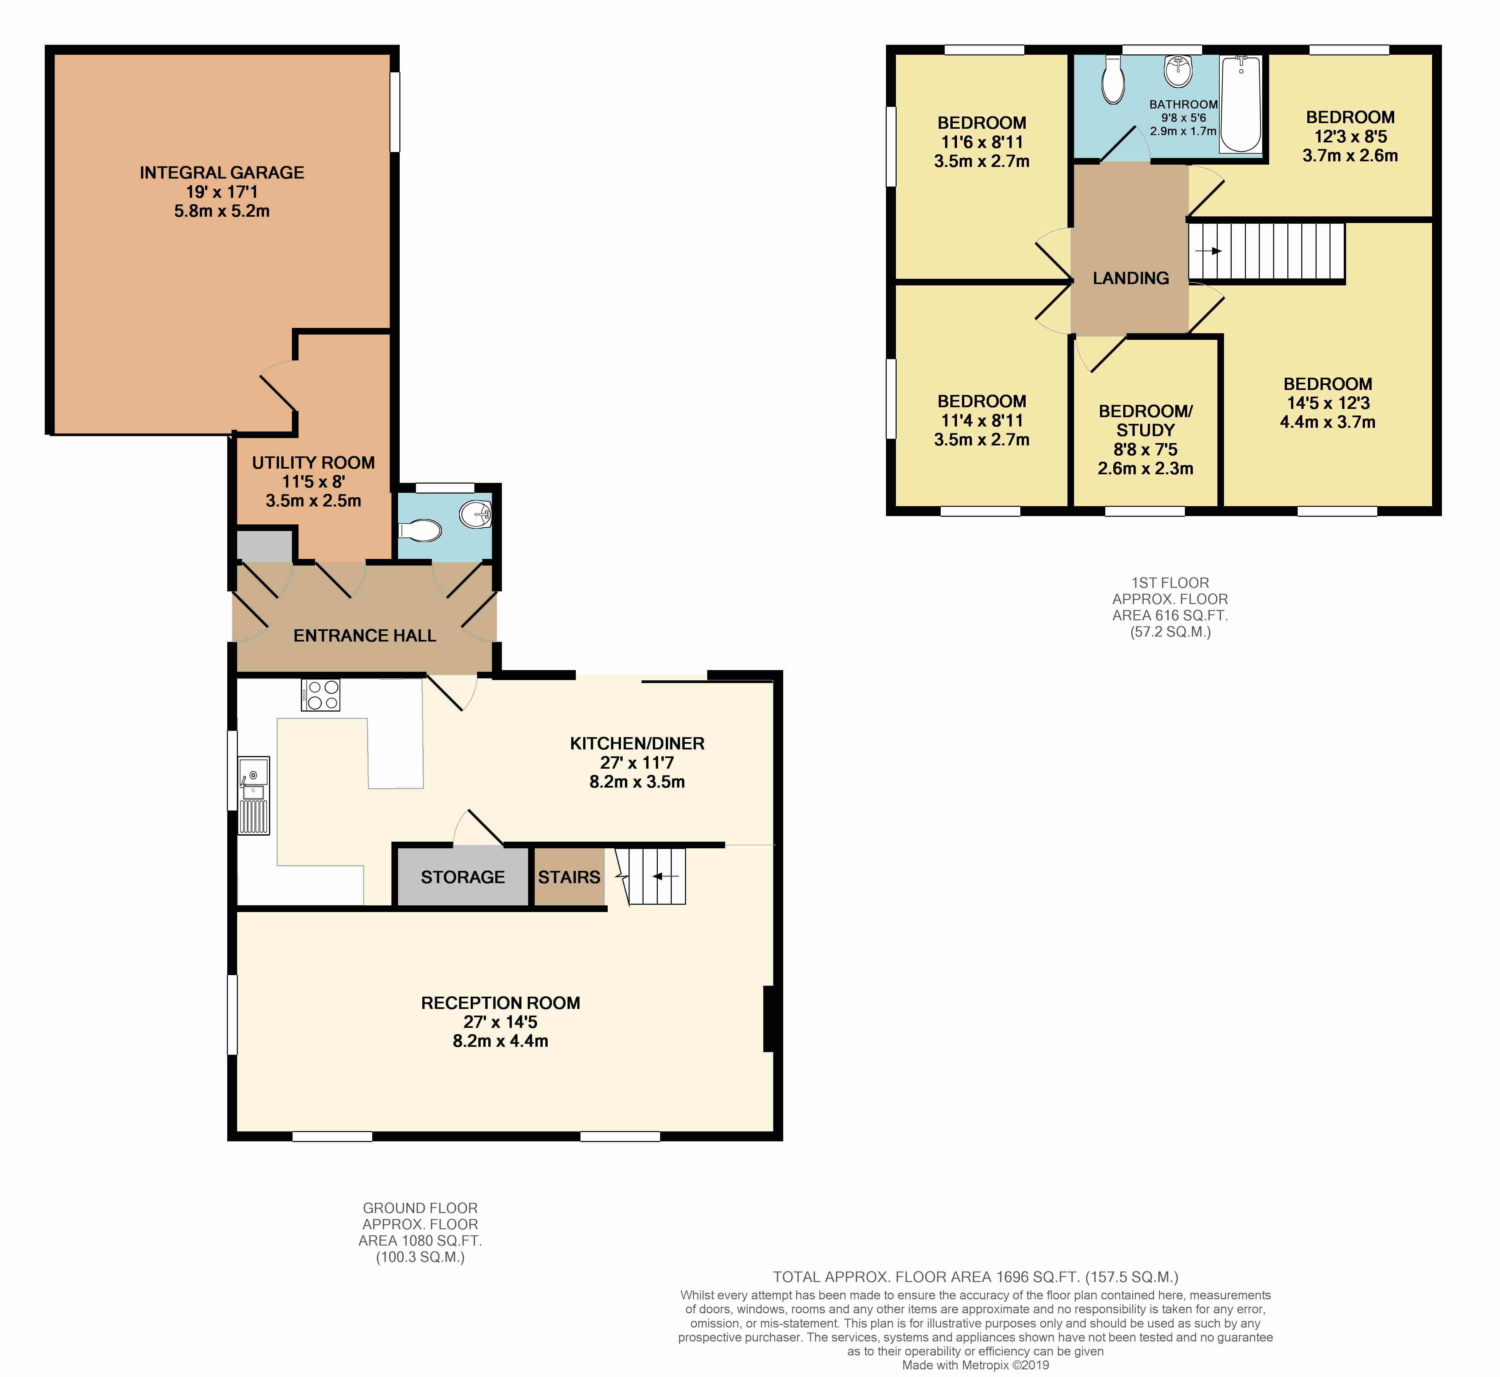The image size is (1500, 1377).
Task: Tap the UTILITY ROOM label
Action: point(313,463)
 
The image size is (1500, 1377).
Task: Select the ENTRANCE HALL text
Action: point(365,636)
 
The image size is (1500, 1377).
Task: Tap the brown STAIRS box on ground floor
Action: point(569,877)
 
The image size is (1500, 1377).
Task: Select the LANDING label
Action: point(1130,278)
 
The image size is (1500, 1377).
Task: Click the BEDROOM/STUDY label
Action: point(1145,420)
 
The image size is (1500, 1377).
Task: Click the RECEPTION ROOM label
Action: point(501,1003)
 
